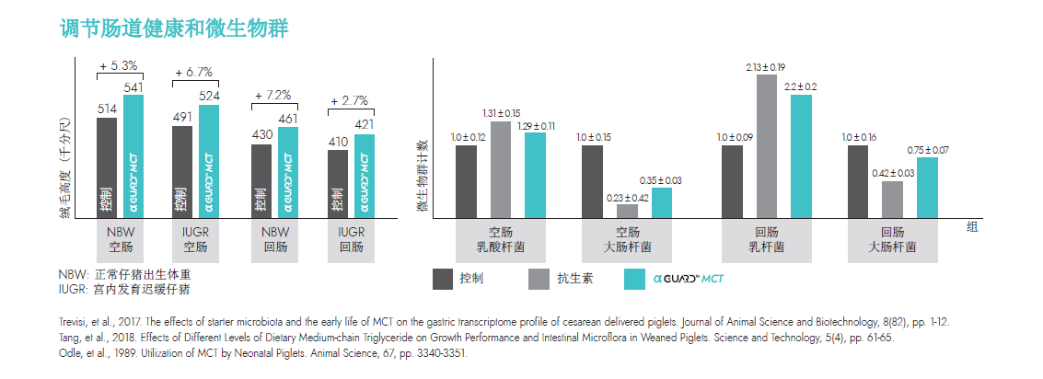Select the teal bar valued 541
pyautogui.click(x=134, y=156)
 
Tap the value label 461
pyautogui.click(x=287, y=118)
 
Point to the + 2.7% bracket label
pyautogui.click(x=349, y=100)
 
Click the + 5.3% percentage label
pyautogui.click(x=119, y=65)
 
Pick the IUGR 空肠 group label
pyautogui.click(x=194, y=240)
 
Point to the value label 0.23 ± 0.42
pyautogui.click(x=628, y=196)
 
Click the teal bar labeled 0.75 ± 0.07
pyautogui.click(x=927, y=188)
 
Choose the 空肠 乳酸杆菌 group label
pyautogui.click(x=501, y=241)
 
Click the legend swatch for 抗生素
pyautogui.click(x=540, y=278)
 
